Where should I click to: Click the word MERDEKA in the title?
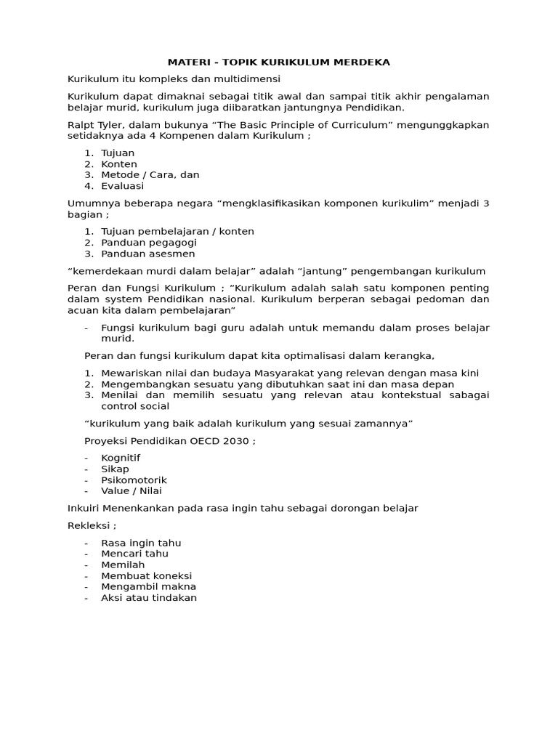[x=362, y=62]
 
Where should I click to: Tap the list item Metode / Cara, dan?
[x=150, y=175]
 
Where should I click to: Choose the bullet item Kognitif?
[x=121, y=458]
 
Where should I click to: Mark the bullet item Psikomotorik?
[x=134, y=480]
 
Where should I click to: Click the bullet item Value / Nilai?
[x=132, y=491]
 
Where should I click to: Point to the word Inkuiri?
[x=84, y=509]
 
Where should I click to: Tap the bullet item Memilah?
[x=123, y=565]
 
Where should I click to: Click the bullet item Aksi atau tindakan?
[x=149, y=598]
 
